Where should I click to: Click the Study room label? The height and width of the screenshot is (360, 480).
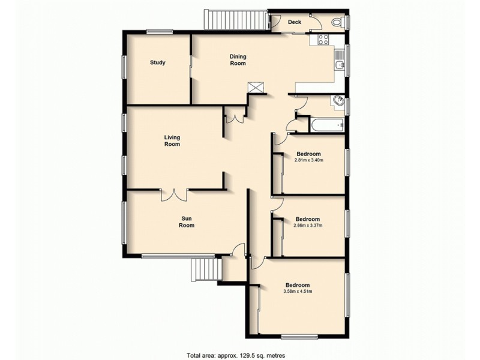[158, 62]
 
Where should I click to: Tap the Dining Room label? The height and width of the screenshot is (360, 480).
[238, 60]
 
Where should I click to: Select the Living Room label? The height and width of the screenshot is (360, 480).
[172, 141]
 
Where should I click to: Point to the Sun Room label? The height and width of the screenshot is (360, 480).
[188, 222]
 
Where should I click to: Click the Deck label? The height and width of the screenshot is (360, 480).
[294, 22]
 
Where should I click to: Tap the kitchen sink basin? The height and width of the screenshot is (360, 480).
[340, 62]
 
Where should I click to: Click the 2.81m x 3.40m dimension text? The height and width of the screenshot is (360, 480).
[309, 160]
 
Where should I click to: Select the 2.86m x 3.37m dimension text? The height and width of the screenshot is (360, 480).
[307, 226]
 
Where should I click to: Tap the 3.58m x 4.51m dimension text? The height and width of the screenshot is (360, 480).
[298, 292]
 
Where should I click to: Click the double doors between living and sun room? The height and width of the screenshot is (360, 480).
[174, 194]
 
